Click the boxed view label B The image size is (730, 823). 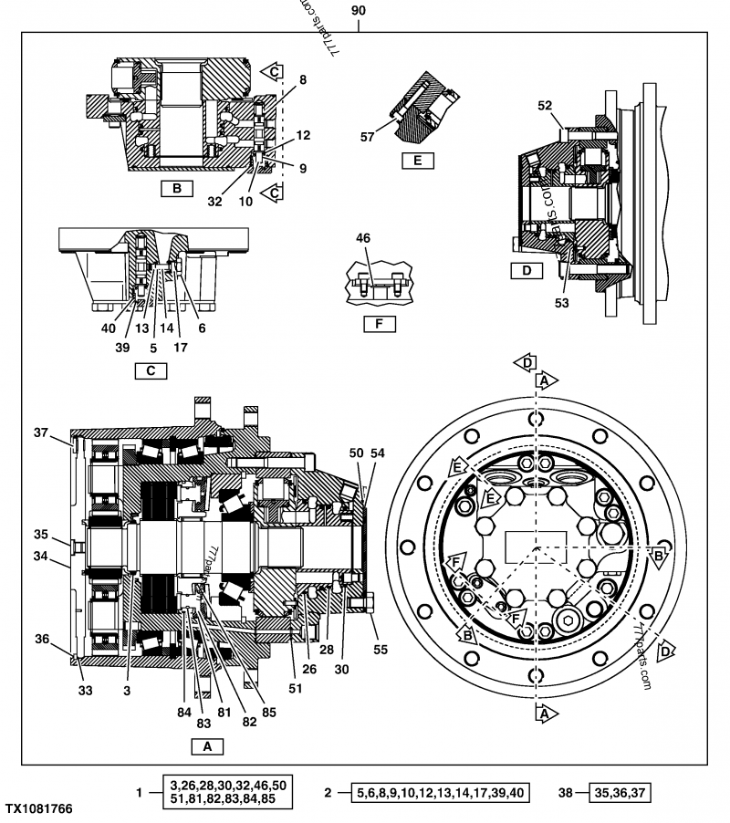pyautogui.click(x=176, y=190)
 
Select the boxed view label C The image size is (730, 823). pyautogui.click(x=151, y=370)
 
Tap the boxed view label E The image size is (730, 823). pyautogui.click(x=417, y=161)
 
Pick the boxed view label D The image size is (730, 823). pyautogui.click(x=527, y=270)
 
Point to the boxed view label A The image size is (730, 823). pyautogui.click(x=207, y=745)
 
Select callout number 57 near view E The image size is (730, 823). pyautogui.click(x=368, y=137)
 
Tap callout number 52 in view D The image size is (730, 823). pyautogui.click(x=545, y=106)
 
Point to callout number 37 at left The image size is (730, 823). pyautogui.click(x=40, y=432)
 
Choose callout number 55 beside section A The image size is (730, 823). pyautogui.click(x=380, y=649)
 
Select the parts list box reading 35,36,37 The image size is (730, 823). pyautogui.click(x=619, y=794)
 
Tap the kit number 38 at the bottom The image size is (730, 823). pyautogui.click(x=565, y=794)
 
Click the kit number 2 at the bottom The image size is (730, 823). pyautogui.click(x=328, y=794)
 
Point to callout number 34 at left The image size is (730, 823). pyautogui.click(x=40, y=557)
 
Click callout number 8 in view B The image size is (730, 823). pyautogui.click(x=302, y=79)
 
